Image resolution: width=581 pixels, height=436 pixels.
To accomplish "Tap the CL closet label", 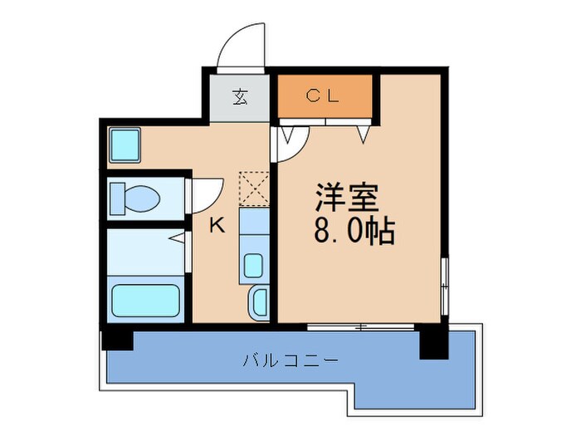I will point(323,96).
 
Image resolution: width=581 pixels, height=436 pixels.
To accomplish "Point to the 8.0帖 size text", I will point(354,230).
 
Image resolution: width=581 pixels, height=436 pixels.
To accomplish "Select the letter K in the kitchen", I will point(216,224).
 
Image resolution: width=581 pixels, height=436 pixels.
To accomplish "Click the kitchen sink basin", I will point(253,267).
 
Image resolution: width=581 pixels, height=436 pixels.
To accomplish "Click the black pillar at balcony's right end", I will point(432,340).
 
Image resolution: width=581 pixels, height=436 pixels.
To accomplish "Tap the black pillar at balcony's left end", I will point(116,339).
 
